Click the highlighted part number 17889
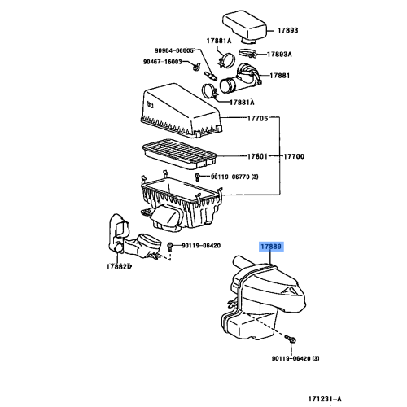272,246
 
